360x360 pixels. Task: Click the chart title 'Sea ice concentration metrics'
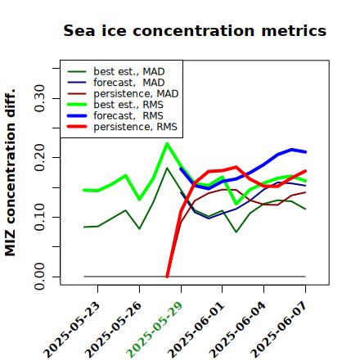(195, 30)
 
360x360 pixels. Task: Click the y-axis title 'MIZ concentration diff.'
(10, 173)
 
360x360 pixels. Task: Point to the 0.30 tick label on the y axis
(39, 98)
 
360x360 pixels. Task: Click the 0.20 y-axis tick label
(39, 158)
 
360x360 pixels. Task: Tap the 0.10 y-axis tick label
(39, 217)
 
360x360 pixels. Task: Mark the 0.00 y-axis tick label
(39, 277)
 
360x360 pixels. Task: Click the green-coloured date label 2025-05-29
(154, 330)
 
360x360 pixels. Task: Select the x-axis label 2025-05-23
(71, 330)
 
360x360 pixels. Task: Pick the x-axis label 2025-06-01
(196, 330)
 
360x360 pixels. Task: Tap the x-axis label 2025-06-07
(279, 330)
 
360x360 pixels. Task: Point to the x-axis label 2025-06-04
(237, 330)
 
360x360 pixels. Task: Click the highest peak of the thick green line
(167, 144)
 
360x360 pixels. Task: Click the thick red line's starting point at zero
(167, 277)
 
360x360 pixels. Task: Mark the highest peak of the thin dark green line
(167, 168)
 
